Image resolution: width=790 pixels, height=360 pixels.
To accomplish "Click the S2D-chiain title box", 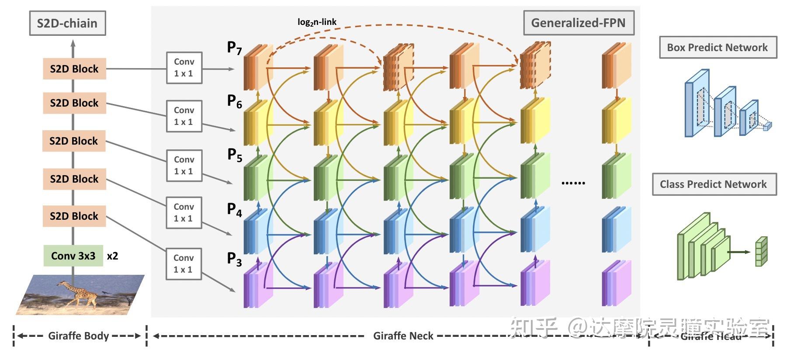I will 67,23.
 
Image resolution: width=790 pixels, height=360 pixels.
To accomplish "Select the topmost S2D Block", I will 74,69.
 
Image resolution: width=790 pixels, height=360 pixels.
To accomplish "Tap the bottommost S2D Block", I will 74,216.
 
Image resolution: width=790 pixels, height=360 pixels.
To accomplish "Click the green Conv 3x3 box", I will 73,256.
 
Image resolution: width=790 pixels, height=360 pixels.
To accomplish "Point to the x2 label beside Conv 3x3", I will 112,256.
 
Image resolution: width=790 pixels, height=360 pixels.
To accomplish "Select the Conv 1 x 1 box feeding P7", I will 184,68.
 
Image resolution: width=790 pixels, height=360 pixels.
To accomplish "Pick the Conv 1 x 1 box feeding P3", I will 184,263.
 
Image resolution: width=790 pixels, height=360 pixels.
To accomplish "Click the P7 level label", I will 234,48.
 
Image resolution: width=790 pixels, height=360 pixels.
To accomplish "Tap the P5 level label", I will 234,155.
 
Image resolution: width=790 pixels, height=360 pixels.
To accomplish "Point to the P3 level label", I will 234,259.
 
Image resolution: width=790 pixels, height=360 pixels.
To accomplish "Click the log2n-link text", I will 317,22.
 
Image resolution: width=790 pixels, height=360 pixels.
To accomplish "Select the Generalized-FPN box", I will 578,23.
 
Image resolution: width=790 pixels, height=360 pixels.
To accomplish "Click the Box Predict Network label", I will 717,48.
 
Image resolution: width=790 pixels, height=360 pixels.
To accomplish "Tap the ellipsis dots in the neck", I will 573,183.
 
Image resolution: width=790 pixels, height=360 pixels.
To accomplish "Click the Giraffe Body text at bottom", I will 79,336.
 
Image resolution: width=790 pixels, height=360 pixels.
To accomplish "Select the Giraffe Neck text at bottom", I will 403,336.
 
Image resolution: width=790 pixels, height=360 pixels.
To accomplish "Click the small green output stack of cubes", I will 761,252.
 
